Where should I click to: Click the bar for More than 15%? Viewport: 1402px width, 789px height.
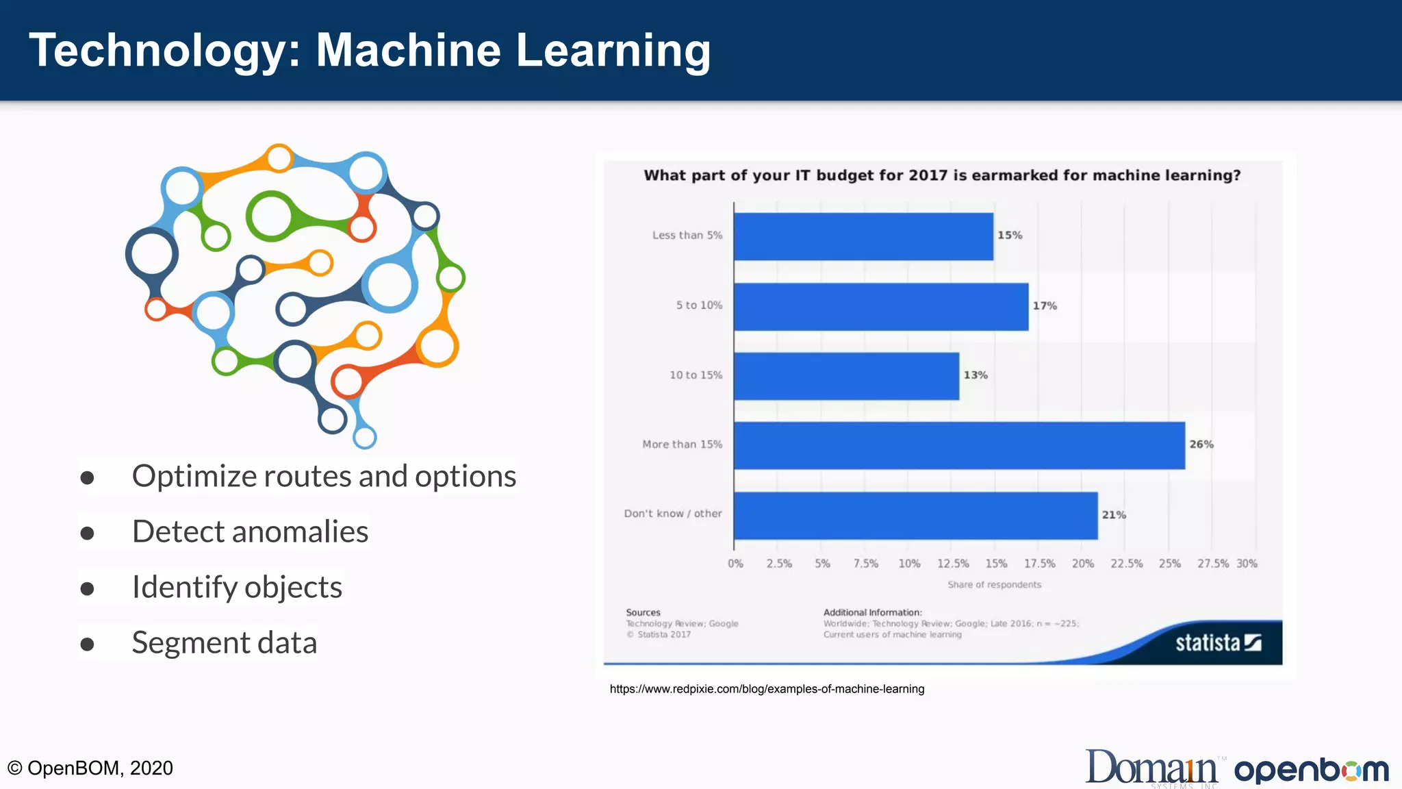958,445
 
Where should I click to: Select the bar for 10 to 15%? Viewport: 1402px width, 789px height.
846,376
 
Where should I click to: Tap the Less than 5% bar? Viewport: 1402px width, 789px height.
863,236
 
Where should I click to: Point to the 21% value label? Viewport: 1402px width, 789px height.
1114,515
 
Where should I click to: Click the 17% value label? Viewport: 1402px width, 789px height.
1045,306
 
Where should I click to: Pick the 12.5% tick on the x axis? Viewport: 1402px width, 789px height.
953,564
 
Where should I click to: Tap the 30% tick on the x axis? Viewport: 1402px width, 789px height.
1247,564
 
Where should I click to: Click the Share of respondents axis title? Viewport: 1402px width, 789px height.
994,585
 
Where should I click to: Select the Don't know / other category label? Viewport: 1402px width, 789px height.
672,514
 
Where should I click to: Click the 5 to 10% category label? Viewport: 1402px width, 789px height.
699,305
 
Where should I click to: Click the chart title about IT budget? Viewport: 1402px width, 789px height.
942,176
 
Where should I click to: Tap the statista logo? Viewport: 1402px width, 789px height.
1218,642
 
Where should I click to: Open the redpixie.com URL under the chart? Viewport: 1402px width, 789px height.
767,689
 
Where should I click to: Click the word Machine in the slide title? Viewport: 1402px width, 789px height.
408,51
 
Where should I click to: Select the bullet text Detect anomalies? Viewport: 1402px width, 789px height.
250,532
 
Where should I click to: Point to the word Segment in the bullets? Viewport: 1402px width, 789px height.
190,643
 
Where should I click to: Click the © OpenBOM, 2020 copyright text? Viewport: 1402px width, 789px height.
90,768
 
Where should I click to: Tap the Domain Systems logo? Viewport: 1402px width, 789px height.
1151,768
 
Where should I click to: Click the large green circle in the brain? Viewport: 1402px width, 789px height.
271,216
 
